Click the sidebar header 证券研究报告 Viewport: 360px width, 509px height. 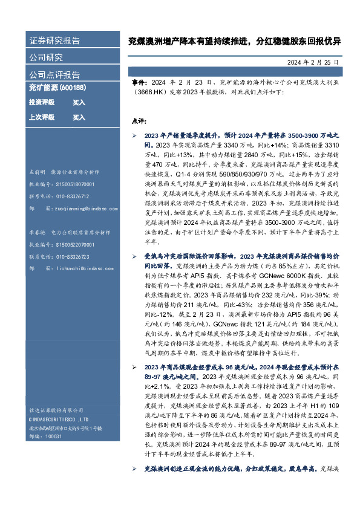click(x=54, y=41)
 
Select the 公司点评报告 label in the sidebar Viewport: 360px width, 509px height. click(x=54, y=75)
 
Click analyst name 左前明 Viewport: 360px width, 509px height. click(x=38, y=171)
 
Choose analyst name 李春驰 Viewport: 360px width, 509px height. click(x=38, y=232)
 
